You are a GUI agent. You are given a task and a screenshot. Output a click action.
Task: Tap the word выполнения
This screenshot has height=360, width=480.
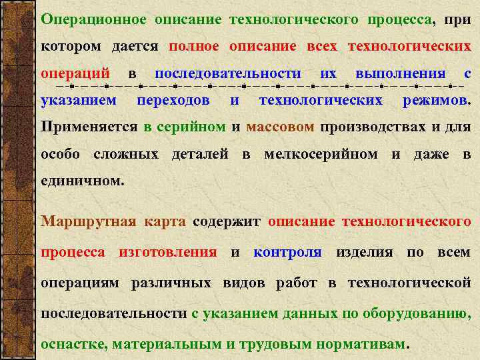coord(400,73)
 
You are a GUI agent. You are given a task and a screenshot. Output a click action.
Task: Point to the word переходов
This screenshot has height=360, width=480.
coord(173,101)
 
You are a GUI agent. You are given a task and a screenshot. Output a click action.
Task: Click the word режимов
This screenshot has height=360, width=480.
coord(436,101)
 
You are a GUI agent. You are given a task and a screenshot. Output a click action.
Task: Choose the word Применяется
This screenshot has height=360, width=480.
coord(89,127)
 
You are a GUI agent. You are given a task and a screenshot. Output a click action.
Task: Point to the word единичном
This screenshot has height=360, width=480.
coord(81,181)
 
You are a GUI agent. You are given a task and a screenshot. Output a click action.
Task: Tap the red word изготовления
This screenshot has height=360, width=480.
coord(167,253)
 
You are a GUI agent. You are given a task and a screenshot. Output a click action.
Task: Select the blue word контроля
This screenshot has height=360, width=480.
coord(287,253)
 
